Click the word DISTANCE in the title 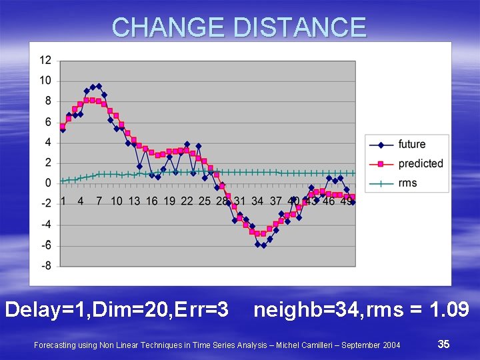[x=300, y=27]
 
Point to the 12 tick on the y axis [x=45, y=60]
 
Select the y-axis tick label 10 [x=45, y=81]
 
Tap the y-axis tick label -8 [x=45, y=266]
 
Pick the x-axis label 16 [x=152, y=201]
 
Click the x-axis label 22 [x=187, y=201]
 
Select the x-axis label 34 [x=258, y=201]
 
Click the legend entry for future [x=411, y=144]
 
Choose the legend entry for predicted [x=420, y=163]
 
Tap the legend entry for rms [x=407, y=183]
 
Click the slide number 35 [x=443, y=344]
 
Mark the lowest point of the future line [x=263, y=245]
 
